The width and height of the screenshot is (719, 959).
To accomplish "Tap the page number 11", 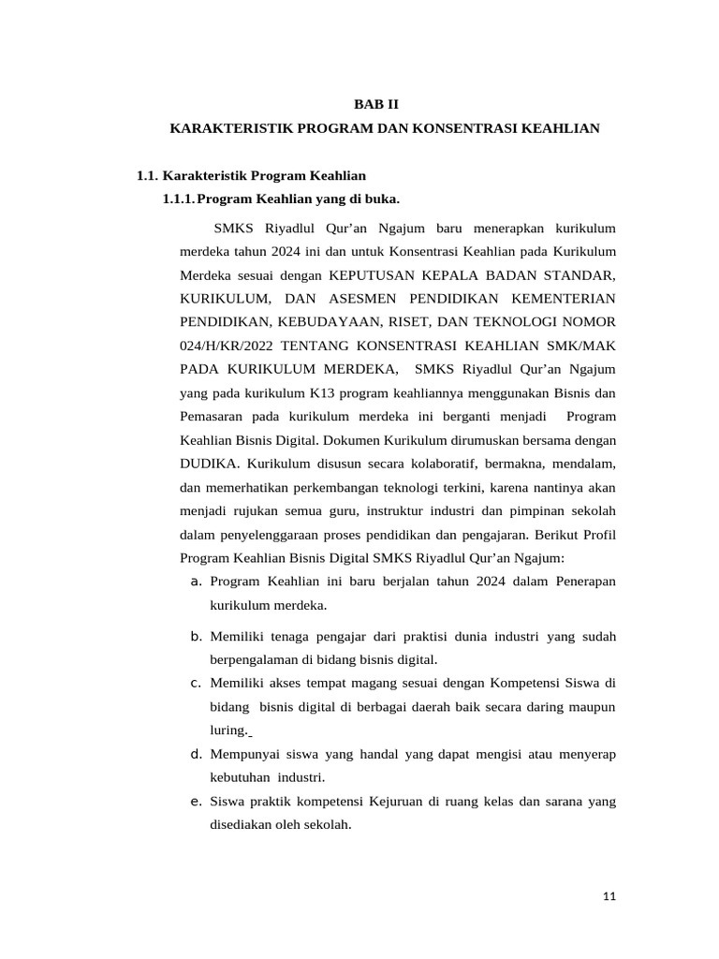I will (x=609, y=896).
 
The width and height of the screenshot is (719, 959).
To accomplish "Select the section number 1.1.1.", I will (x=179, y=199).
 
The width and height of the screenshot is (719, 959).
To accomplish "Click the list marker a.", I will (x=197, y=582).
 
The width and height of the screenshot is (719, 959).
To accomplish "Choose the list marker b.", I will (x=197, y=636).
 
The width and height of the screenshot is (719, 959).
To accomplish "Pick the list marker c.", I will (x=197, y=682).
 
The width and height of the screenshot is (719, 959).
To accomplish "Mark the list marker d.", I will (x=197, y=753).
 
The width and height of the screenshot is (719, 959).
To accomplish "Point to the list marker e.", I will (x=197, y=801).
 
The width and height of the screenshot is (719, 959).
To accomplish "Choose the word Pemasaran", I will (x=213, y=416).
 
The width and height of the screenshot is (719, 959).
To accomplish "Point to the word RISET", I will (x=424, y=321).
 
